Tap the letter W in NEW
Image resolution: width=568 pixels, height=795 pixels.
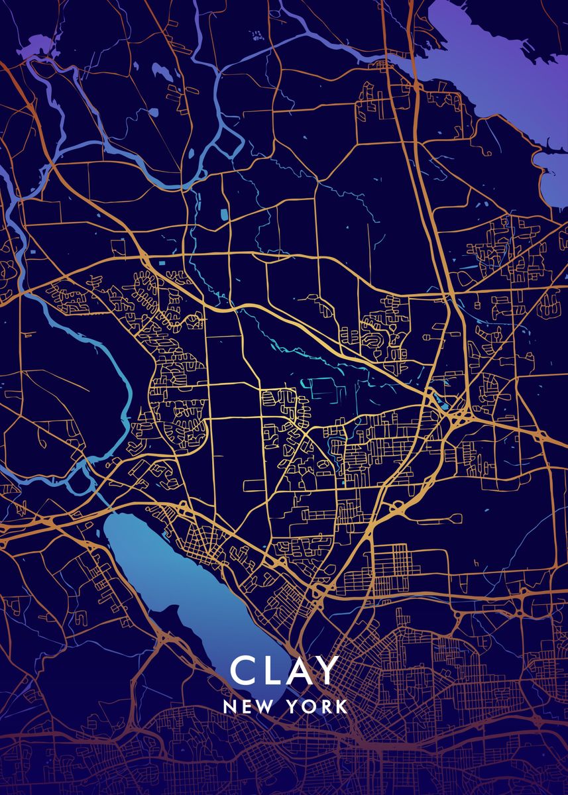(260, 706)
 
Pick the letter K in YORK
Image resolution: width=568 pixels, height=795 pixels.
(341, 706)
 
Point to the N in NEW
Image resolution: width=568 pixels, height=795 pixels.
(229, 706)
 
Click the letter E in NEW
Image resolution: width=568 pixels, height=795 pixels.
(244, 706)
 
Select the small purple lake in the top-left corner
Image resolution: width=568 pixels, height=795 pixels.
(40, 48)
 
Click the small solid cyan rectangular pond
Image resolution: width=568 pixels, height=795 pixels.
(223, 215)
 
